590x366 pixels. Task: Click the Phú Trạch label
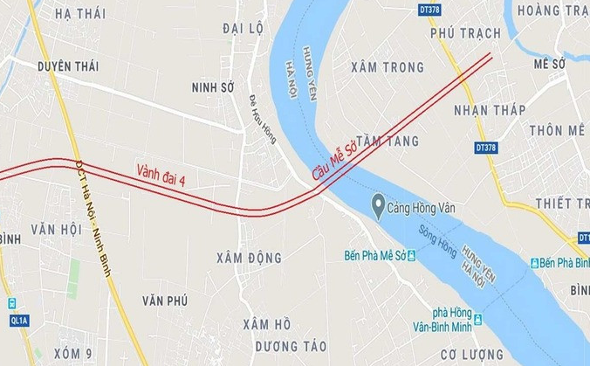pos(466,33)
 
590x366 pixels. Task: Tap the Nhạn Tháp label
pos(490,110)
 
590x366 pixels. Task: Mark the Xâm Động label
pos(250,258)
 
